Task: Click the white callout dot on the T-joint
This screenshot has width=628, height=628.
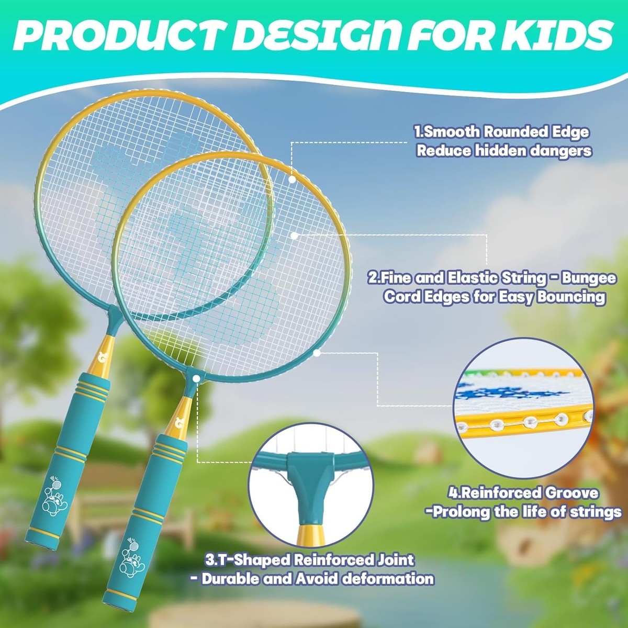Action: [196, 378]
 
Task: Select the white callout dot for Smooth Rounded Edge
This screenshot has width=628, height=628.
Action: [292, 180]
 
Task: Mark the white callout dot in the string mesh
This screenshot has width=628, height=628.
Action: [294, 235]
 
